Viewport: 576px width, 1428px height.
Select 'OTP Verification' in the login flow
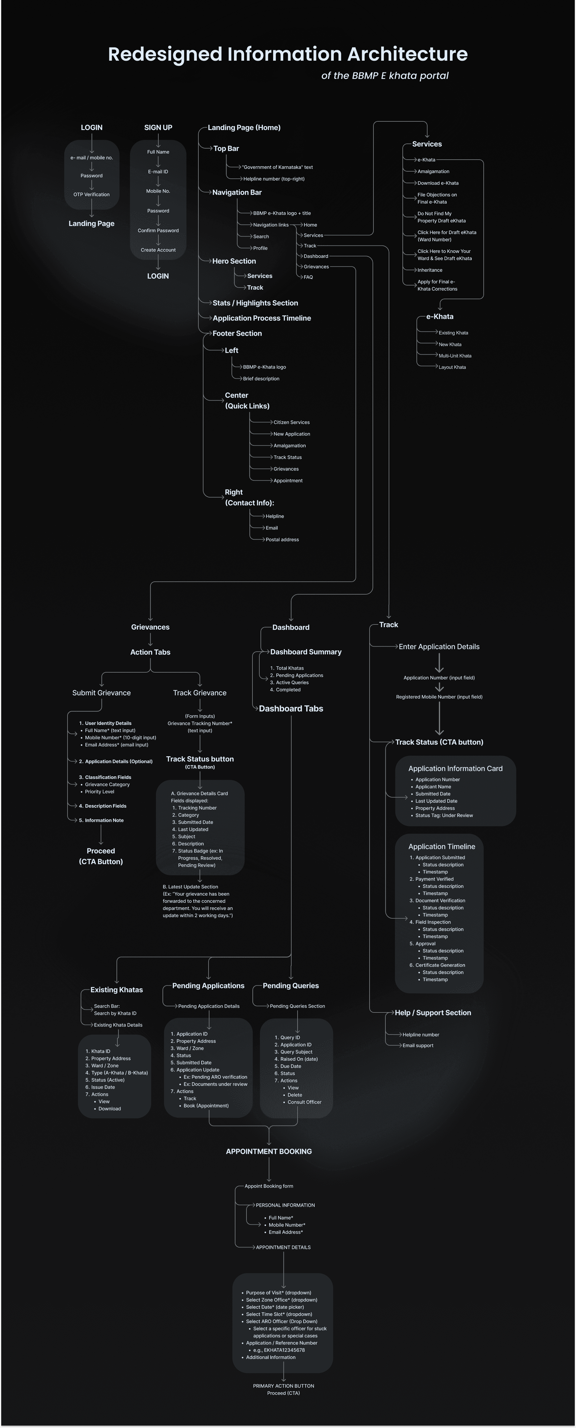coord(91,195)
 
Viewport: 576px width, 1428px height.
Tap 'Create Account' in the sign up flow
coord(158,250)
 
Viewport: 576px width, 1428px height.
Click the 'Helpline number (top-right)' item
coord(274,179)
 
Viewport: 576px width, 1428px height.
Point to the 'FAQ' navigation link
coord(308,277)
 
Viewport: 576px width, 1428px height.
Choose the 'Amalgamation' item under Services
coord(433,171)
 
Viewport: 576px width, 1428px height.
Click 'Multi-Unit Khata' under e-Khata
coord(455,356)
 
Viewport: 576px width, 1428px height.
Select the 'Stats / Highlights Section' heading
coord(255,303)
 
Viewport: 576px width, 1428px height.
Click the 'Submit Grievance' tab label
coord(101,693)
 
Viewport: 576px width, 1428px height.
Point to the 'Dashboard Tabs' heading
coord(291,708)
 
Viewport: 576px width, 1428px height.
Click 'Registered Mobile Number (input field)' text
coord(439,697)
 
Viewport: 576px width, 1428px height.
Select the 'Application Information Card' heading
coord(455,768)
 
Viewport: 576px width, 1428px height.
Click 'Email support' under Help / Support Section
coord(418,1045)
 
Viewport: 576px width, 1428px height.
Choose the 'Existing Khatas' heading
coord(116,990)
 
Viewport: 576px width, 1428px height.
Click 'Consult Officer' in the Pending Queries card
coord(304,1102)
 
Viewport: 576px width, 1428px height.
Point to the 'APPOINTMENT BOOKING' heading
coord(269,1151)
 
